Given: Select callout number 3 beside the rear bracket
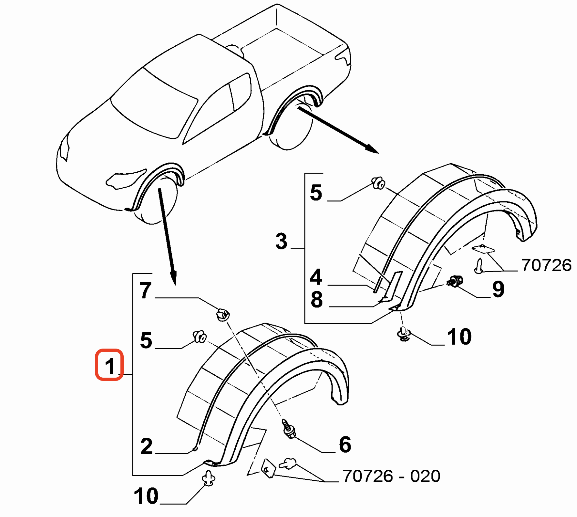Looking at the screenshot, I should point(281,242).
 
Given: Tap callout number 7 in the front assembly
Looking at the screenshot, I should point(146,290).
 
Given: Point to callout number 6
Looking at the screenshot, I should point(345,444).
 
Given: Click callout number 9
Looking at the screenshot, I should point(498,289).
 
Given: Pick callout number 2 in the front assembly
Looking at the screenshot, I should point(146,446).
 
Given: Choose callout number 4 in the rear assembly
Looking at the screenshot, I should point(316,277).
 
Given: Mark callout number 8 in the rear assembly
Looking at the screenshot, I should point(317,300).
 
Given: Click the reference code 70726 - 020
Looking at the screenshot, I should point(391,476).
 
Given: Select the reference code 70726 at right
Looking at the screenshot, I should point(546,265).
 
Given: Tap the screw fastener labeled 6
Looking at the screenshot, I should point(289,429).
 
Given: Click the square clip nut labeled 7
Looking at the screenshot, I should point(223,315).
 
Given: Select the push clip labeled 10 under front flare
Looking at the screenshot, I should point(209,478).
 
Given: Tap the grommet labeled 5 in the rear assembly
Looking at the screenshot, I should point(379,183).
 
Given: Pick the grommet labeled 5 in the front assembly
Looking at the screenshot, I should point(199,336).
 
